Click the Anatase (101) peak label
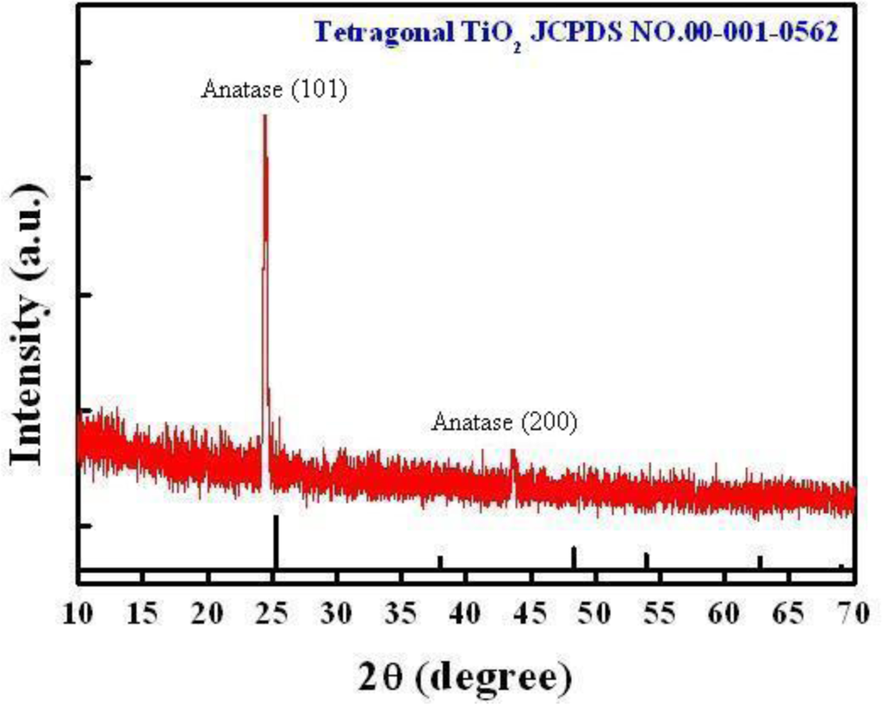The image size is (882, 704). pyautogui.click(x=274, y=90)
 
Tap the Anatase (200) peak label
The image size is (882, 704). pyautogui.click(x=504, y=422)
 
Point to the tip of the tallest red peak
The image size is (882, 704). pyautogui.click(x=264, y=117)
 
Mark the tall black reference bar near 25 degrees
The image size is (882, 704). pyautogui.click(x=276, y=543)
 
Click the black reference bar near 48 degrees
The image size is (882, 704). pyautogui.click(x=574, y=558)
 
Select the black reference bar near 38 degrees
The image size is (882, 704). pyautogui.click(x=440, y=562)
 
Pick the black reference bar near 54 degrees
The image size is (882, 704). pyautogui.click(x=647, y=560)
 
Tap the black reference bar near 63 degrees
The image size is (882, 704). pyautogui.click(x=760, y=562)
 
